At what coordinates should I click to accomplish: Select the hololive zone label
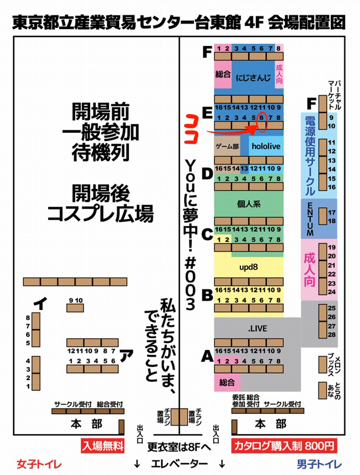coord(266,146)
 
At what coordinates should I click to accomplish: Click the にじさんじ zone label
coord(253,78)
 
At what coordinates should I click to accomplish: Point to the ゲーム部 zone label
coord(227,146)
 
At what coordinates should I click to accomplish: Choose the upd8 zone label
coord(248,267)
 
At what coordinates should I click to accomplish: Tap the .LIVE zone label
coord(257,329)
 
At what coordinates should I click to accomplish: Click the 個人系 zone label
coord(249,204)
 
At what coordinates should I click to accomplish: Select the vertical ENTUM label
coord(310,219)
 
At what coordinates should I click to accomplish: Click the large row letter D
coord(208,174)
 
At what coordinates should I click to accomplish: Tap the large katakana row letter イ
coord(40,303)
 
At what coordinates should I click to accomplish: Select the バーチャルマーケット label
coord(335,95)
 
